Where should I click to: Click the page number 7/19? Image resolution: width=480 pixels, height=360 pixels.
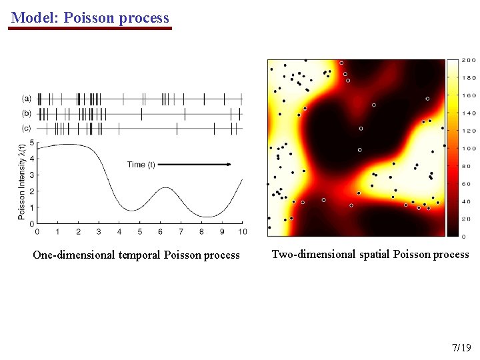tap(461, 347)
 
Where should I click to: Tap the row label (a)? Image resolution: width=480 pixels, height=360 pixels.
tap(26, 98)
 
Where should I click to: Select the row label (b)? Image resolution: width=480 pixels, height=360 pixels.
tap(26, 113)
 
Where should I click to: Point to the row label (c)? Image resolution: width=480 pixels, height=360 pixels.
tap(26, 127)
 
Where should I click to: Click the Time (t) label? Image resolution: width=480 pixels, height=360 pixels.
tap(141, 164)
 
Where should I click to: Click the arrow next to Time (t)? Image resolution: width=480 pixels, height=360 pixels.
tap(195, 164)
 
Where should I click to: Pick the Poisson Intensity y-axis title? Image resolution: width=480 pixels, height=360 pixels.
tap(21, 182)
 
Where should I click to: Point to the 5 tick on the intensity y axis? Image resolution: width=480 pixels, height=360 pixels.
tap(31, 143)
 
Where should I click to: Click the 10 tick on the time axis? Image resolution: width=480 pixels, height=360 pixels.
tap(242, 231)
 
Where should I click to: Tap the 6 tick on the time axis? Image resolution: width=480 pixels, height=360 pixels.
tap(160, 231)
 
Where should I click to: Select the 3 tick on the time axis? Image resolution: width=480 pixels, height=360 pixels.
tap(99, 231)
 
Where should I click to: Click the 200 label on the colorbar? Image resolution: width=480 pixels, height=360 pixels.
tap(469, 60)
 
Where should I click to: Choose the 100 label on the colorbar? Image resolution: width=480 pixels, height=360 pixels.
tap(469, 148)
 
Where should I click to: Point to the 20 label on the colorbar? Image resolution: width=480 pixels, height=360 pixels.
tap(467, 219)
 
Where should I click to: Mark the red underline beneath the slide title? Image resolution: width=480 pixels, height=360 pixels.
tap(91, 29)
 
